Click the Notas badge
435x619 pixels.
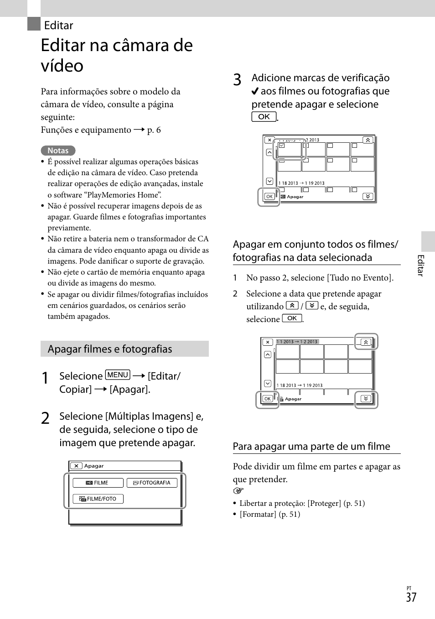pos(58,151)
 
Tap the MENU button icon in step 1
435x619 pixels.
pos(118,375)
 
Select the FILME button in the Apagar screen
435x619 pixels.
pos(98,483)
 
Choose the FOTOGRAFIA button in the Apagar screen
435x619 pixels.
pos(152,483)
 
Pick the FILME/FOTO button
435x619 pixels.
pos(98,499)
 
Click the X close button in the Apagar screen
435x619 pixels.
pos(77,466)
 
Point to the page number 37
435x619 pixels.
pos(411,597)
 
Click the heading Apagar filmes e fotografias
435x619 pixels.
pos(110,349)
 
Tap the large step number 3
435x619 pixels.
pos(237,80)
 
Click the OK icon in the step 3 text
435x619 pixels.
pos(264,117)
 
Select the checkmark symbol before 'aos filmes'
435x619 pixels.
pos(255,91)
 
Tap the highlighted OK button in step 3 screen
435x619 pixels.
pos(269,197)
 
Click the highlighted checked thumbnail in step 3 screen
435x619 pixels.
pos(289,149)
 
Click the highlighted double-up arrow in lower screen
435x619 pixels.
pos(366,342)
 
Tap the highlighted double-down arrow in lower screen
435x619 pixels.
pos(366,399)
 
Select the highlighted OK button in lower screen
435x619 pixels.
pos(267,399)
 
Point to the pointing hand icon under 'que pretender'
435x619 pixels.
pos(238,491)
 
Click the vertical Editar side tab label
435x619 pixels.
pos(420,265)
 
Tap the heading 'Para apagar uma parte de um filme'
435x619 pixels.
pos(311,446)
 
